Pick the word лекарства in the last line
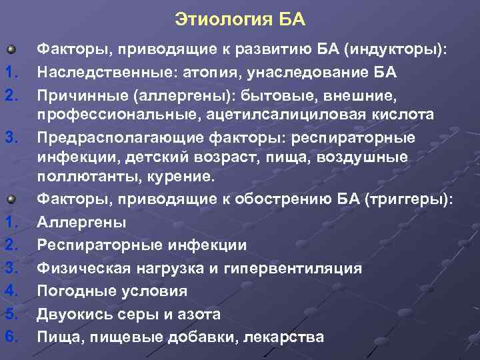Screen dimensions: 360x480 (x=284, y=335)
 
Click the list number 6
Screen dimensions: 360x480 (x=10, y=335)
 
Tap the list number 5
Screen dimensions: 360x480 (x=10, y=313)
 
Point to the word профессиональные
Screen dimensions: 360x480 (x=106, y=115)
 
